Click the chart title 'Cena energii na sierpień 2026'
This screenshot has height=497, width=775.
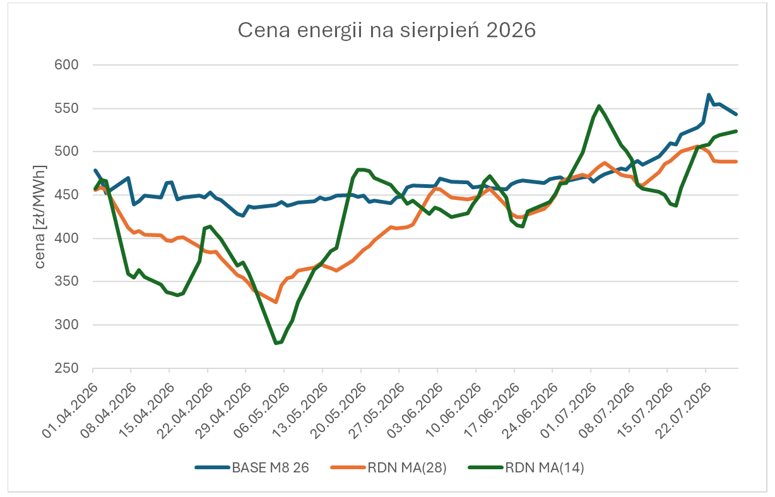pyautogui.click(x=386, y=30)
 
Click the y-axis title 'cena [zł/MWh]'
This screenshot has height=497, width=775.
pyautogui.click(x=40, y=217)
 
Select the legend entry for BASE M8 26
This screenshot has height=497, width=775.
pyautogui.click(x=252, y=467)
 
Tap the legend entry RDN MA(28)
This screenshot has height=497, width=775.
pyautogui.click(x=389, y=467)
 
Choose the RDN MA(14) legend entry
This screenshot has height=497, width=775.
pyautogui.click(x=526, y=467)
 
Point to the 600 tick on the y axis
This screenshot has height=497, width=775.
pyautogui.click(x=66, y=65)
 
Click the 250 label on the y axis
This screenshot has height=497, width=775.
pyautogui.click(x=66, y=368)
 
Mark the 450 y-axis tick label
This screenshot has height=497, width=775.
pyautogui.click(x=66, y=195)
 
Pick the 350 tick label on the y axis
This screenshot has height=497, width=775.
pyautogui.click(x=66, y=281)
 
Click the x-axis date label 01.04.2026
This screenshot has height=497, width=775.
pyautogui.click(x=71, y=410)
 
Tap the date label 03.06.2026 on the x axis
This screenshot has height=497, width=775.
pyautogui.click(x=415, y=410)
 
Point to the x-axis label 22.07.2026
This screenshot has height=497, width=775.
pyautogui.click(x=683, y=410)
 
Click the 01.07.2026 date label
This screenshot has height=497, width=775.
pyautogui.click(x=569, y=410)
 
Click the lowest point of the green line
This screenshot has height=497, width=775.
pyautogui.click(x=276, y=343)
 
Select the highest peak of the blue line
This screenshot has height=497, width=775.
pyautogui.click(x=709, y=95)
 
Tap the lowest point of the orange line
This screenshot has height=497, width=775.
pyautogui.click(x=276, y=302)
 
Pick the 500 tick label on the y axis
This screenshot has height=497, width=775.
pyautogui.click(x=66, y=151)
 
